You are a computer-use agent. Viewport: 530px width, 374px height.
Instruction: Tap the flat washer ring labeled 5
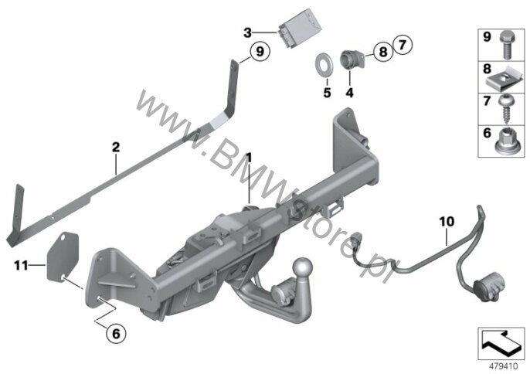(x=324, y=64)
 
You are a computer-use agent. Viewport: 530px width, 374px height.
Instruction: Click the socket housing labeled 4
(x=352, y=59)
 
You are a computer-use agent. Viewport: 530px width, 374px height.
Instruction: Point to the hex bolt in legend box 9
(x=505, y=45)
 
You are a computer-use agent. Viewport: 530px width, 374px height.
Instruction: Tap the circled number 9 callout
(x=260, y=52)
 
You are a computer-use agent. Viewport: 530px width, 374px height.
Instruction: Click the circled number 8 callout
(x=383, y=52)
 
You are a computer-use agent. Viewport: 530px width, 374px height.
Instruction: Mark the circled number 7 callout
(x=403, y=45)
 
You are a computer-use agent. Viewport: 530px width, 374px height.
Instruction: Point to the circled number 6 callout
(x=116, y=334)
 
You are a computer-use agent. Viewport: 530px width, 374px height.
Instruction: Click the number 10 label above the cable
(x=447, y=222)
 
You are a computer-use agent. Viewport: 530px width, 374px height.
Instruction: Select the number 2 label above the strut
(x=116, y=147)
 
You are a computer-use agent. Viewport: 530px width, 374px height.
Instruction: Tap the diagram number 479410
(x=504, y=366)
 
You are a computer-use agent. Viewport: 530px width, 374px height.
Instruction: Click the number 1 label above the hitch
(x=249, y=157)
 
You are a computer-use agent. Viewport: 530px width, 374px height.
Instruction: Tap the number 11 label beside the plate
(x=21, y=266)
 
